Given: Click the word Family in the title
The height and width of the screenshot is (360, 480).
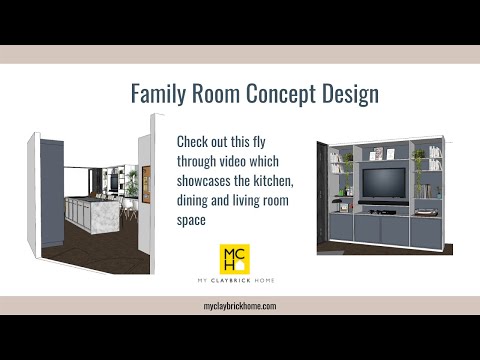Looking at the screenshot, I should point(161,95).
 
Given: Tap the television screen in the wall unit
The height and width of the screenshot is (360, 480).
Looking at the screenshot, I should point(383,183).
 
